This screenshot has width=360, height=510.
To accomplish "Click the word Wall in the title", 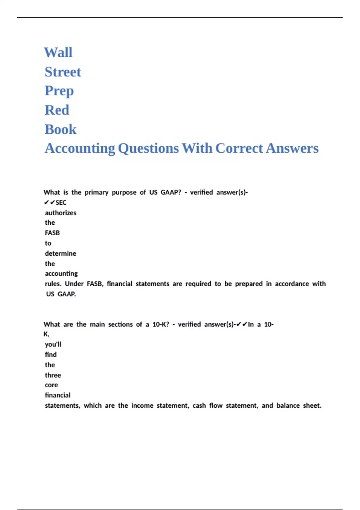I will [58, 52].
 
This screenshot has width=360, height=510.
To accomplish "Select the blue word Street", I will [63, 72].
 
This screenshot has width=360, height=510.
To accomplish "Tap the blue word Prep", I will [59, 91].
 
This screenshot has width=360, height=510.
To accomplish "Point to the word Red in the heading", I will [57, 110].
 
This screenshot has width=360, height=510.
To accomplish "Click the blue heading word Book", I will [60, 129].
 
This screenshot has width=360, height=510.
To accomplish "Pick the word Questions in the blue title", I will [148, 148].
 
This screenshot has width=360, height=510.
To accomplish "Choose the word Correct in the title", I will [239, 148].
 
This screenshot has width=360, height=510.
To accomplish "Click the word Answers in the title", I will [292, 148].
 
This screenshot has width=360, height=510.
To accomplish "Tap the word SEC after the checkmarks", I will [61, 203].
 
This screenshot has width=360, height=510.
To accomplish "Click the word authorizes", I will [61, 213].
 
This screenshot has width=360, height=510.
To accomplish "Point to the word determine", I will [61, 253].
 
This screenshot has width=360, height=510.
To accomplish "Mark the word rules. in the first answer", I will [53, 284].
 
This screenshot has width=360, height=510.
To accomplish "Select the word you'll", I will [53, 344].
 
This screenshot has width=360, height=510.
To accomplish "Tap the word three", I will [53, 375].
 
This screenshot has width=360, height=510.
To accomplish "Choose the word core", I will [51, 385].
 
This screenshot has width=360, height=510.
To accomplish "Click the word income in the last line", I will [142, 406].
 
